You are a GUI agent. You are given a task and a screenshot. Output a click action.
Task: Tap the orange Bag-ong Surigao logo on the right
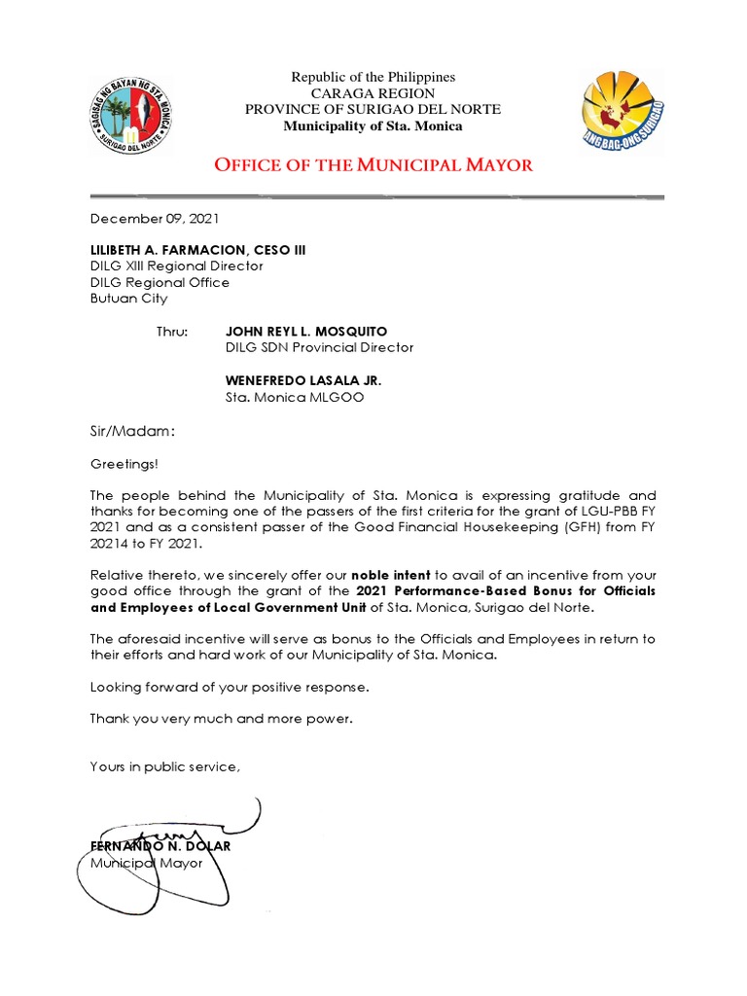[x=622, y=114]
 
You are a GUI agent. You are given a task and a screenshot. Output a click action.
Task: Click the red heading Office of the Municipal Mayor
[x=373, y=164]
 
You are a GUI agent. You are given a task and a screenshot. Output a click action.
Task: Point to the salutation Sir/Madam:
[x=133, y=431]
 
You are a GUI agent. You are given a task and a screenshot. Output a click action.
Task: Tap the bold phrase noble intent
[x=391, y=575]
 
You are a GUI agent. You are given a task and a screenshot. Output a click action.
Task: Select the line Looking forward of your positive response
[x=230, y=687]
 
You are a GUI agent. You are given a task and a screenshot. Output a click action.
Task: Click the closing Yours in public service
[x=164, y=766]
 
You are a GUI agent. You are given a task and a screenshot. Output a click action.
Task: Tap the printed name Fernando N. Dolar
[x=160, y=846]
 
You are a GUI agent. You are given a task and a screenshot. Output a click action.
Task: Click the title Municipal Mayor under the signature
[x=147, y=863]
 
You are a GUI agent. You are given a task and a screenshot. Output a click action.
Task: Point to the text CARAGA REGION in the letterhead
[x=373, y=93]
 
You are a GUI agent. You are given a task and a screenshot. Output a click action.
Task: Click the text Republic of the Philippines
[x=373, y=77]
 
